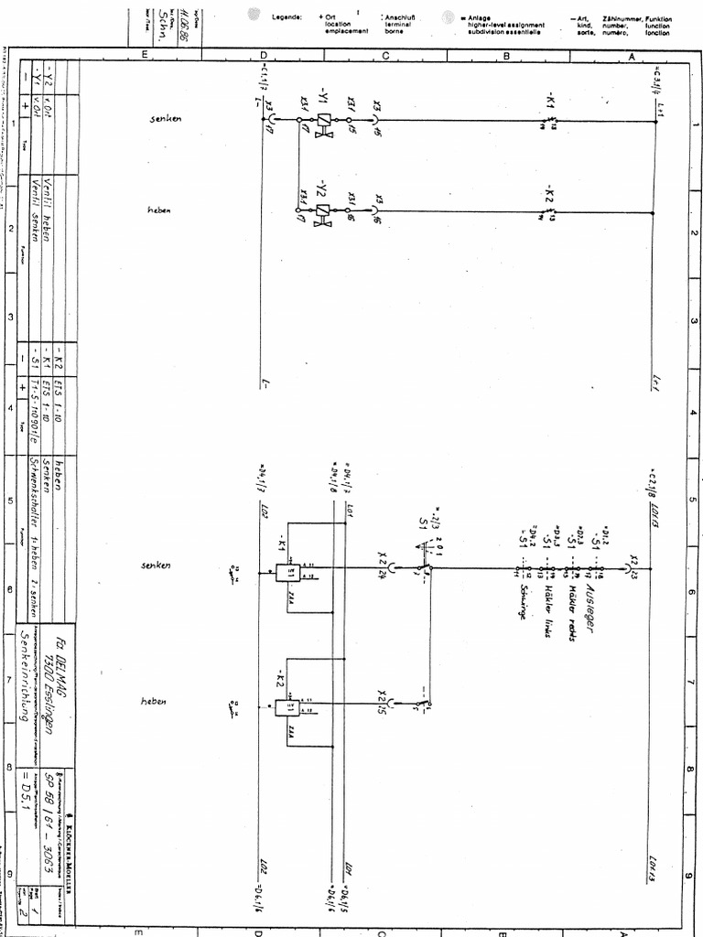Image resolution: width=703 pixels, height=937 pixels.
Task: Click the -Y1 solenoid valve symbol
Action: tap(322, 120)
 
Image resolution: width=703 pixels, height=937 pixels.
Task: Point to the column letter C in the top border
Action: tap(385, 56)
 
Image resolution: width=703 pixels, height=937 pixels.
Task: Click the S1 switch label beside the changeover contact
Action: tap(423, 522)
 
